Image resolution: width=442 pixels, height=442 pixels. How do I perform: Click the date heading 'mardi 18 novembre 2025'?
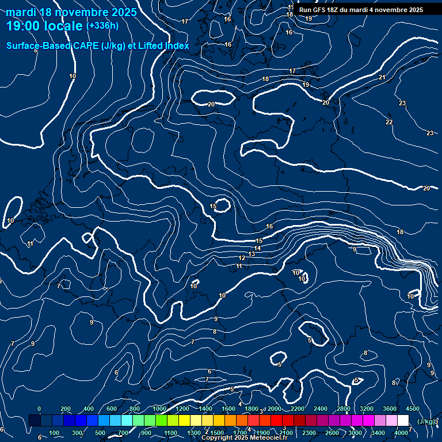click(71, 12)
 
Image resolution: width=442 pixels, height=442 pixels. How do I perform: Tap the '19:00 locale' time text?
click(45, 26)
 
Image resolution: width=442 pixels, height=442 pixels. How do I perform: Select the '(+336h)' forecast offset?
click(102, 25)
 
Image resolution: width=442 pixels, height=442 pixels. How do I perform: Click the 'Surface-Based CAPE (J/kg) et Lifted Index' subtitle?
click(98, 45)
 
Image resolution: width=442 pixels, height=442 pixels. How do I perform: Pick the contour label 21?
click(382, 77)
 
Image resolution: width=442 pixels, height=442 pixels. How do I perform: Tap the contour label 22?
click(389, 123)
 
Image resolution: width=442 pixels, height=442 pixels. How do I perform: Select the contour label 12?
click(242, 258)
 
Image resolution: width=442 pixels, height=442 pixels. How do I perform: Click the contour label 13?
click(252, 254)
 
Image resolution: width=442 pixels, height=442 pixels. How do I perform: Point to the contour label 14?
click(258, 248)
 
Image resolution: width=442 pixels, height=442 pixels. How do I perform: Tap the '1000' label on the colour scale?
click(159, 409)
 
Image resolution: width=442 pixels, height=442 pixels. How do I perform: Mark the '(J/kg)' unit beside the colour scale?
click(426, 422)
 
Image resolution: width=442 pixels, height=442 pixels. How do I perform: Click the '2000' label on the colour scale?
click(275, 409)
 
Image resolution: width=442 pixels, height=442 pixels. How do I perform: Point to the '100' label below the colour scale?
click(55, 433)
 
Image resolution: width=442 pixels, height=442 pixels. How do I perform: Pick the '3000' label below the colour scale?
click(355, 433)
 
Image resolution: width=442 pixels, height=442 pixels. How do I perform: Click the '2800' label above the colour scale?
click(344, 409)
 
